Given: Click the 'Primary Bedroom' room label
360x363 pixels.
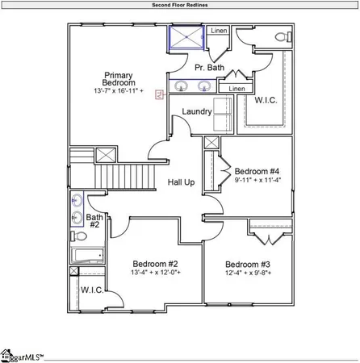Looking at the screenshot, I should (118, 81).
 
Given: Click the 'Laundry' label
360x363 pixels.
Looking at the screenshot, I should (196, 112).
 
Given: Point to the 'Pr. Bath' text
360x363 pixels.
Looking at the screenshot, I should (209, 68).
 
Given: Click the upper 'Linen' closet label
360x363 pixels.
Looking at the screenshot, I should (219, 31).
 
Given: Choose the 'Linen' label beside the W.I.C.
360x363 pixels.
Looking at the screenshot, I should (237, 89).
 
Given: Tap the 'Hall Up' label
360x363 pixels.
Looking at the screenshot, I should (181, 182).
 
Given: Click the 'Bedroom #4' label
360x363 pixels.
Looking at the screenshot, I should (257, 172).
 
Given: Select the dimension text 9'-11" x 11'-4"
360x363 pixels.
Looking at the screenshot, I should (257, 181).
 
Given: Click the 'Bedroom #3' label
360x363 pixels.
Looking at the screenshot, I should (248, 265).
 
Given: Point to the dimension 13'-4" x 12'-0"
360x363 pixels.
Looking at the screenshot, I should (155, 273).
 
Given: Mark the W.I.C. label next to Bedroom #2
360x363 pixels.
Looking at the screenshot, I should (90, 290).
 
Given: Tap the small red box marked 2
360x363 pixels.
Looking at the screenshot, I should (159, 94).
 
